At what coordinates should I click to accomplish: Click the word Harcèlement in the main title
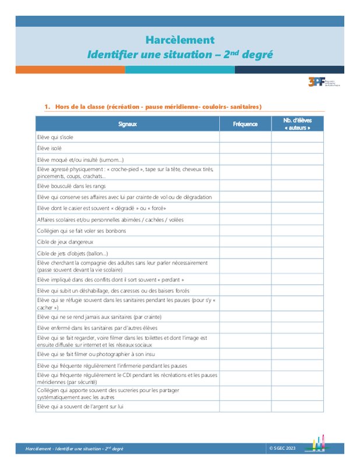coord(179,40)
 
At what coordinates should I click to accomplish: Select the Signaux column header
coord(127,124)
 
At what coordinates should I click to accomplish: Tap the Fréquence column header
coord(245,124)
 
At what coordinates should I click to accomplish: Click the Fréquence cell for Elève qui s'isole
coord(245,137)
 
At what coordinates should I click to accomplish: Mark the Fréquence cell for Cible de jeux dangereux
coord(245,242)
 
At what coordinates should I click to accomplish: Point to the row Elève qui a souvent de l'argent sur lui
coord(80,406)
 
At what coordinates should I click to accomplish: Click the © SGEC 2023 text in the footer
coord(283,448)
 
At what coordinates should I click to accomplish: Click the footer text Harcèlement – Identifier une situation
coord(74,449)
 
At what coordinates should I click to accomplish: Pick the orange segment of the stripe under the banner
coord(70,69)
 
